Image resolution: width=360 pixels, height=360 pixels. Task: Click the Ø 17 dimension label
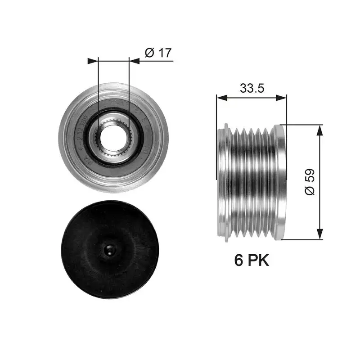pyautogui.click(x=158, y=53)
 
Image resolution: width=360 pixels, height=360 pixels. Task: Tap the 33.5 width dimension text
pyautogui.click(x=251, y=89)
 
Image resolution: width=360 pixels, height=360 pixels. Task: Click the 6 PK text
pyautogui.click(x=251, y=260)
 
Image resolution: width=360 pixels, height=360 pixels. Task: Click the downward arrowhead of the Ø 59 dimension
pyautogui.click(x=320, y=234)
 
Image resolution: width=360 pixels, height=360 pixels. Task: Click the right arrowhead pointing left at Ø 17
pyautogui.click(x=133, y=61)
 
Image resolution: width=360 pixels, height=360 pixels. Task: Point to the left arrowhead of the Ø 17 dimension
pyautogui.click(x=93, y=61)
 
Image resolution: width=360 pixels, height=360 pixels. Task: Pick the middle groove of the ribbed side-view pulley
pyautogui.click(x=252, y=182)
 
